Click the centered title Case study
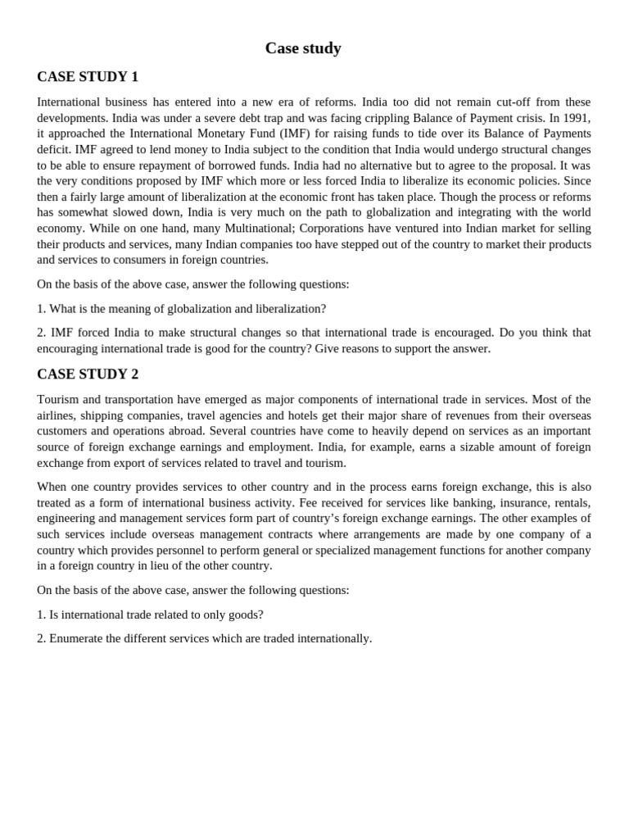click(x=303, y=48)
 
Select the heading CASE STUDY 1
click(x=88, y=77)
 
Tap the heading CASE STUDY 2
click(x=88, y=374)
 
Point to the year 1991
click(x=575, y=118)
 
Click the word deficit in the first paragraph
click(x=54, y=150)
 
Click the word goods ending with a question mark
click(x=244, y=615)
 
